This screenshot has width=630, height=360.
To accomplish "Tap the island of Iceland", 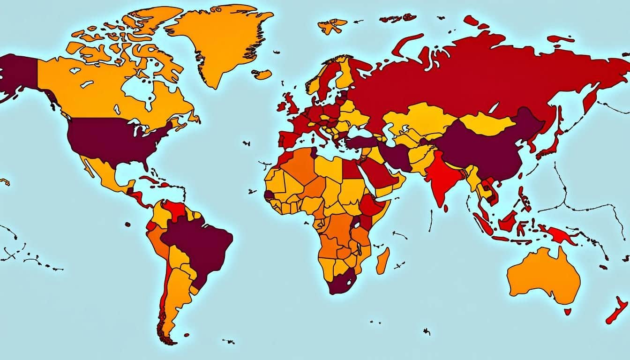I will tap(262, 74).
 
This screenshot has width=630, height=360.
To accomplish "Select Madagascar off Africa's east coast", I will tap(382, 261).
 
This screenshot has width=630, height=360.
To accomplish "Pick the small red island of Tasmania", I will tap(567, 311).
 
